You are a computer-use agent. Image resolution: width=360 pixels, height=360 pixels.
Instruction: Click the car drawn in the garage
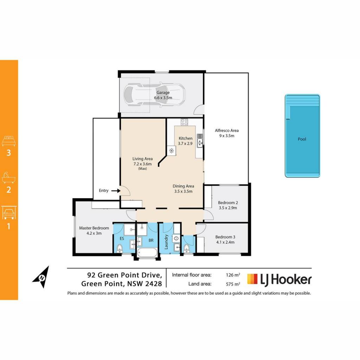pyautogui.click(x=154, y=95)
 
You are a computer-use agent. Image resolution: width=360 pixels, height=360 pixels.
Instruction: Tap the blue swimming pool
pyautogui.click(x=302, y=136)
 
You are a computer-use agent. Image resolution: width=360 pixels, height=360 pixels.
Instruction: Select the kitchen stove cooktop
pyautogui.click(x=184, y=122)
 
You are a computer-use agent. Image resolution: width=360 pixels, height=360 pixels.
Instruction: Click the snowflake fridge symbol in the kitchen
pyautogui.click(x=172, y=150)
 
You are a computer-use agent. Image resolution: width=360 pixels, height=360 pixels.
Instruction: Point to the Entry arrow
pyautogui.click(x=116, y=191)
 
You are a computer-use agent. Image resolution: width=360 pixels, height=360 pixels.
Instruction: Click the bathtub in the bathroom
pyautogui.click(x=147, y=252)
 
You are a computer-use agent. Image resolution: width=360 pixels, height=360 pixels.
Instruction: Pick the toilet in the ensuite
pyautogui.click(x=120, y=249)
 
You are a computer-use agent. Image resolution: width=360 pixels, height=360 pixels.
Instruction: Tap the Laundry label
pyautogui.click(x=166, y=242)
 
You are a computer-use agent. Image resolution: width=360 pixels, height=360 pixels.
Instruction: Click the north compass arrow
pyautogui.click(x=41, y=277)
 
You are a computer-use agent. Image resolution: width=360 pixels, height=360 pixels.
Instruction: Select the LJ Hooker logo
pyautogui.click(x=279, y=279)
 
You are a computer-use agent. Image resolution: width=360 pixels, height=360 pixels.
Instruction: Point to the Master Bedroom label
pyautogui.click(x=94, y=228)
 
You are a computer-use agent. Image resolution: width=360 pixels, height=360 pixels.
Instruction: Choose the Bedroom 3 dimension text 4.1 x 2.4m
pyautogui.click(x=225, y=242)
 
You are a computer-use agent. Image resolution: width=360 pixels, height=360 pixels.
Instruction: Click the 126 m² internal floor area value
pyautogui.click(x=233, y=275)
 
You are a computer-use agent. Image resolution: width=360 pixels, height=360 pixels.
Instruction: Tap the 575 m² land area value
pyautogui.click(x=233, y=284)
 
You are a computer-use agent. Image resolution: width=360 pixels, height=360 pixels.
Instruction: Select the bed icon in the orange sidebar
pyautogui.click(x=9, y=141)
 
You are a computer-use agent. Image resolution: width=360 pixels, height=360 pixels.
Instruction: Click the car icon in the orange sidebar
pyautogui.click(x=9, y=213)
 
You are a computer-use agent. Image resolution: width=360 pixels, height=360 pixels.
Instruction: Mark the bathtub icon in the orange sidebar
pyautogui.click(x=9, y=177)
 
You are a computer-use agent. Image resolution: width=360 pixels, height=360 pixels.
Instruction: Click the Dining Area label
pyautogui.click(x=183, y=186)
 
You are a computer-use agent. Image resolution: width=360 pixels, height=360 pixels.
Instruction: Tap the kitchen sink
pyautogui.click(x=200, y=141)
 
